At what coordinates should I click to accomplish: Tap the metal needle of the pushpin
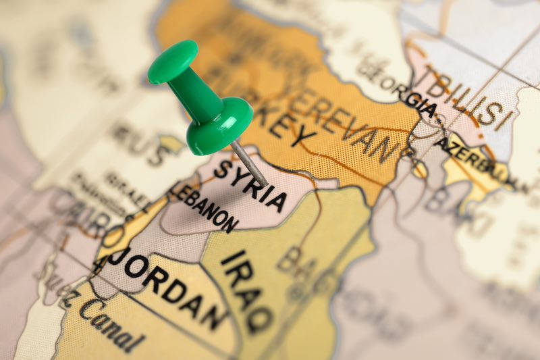[x=249, y=161]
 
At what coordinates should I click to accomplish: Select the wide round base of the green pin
[x=219, y=126]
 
